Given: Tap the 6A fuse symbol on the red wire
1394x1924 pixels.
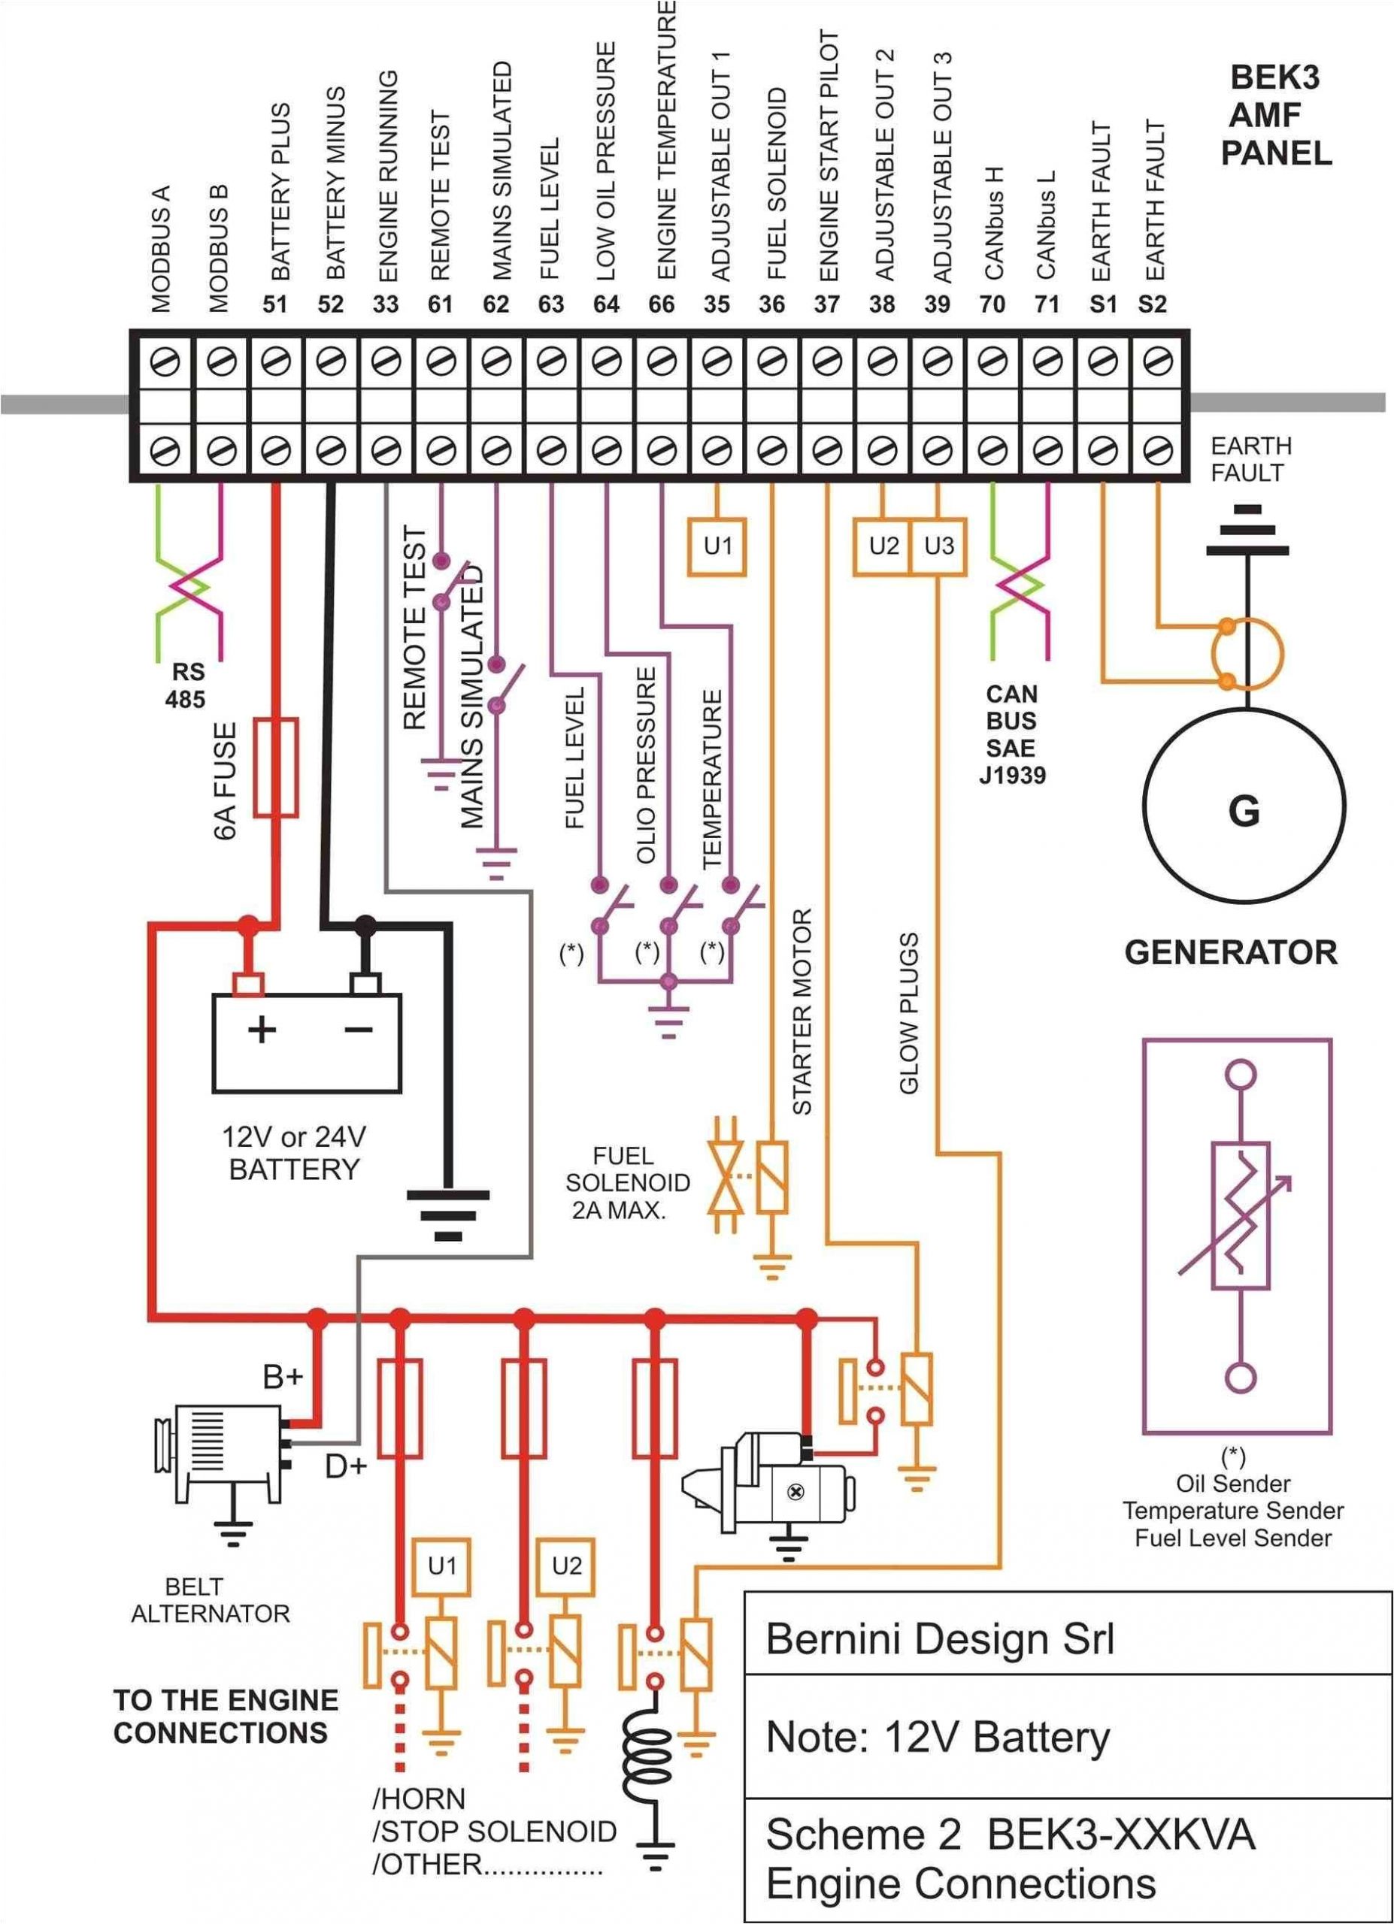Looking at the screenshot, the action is pos(277,767).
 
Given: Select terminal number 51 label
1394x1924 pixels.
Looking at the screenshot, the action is pos(275,304).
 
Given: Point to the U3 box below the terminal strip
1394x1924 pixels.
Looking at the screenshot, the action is pos(938,546).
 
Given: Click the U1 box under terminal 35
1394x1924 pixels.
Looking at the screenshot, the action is pos(717,546).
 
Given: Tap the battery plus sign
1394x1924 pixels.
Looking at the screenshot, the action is pos(262,1030).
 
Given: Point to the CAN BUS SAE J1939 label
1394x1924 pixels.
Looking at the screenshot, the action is pos(1012,734).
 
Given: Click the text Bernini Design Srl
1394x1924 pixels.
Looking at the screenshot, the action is pos(940,1638).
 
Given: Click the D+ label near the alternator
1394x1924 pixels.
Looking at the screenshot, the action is pos(345,1466).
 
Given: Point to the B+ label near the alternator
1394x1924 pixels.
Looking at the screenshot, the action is pos(283,1377).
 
